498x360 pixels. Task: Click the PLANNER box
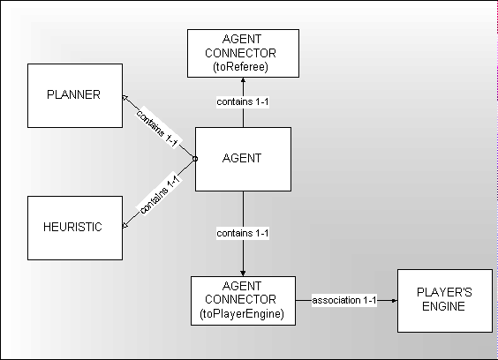point(75,95)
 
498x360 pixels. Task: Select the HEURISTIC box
point(75,228)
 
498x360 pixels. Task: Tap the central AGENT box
point(243,159)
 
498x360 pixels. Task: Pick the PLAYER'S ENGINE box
point(445,301)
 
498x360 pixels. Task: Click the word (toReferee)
point(241,67)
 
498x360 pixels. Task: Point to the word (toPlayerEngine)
point(242,314)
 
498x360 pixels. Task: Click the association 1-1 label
point(344,300)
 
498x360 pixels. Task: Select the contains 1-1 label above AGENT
point(243,101)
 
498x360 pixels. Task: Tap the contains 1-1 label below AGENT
point(243,233)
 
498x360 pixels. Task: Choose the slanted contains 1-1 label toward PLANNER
point(157,128)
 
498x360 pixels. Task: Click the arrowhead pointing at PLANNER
point(124,98)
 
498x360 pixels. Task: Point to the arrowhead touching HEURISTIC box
point(125,225)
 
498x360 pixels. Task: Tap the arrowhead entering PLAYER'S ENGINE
point(394,300)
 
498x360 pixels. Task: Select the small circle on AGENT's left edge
point(195,159)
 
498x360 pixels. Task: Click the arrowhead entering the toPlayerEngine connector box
point(243,274)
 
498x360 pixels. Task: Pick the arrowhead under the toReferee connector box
point(243,79)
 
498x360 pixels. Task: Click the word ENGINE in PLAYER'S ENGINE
point(443,306)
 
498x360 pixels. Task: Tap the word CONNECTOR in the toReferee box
point(240,53)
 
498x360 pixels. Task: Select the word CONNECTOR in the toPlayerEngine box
point(240,299)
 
